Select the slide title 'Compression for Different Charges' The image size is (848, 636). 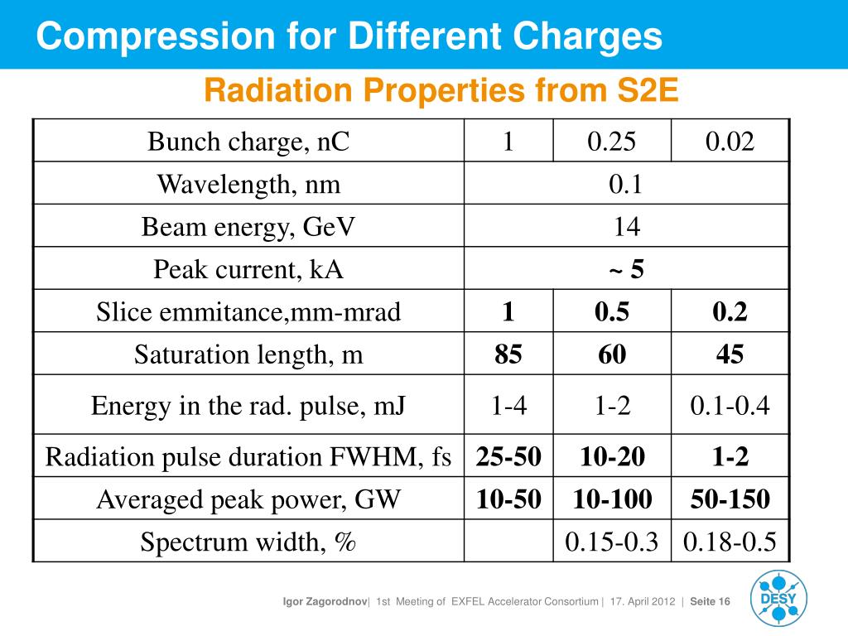pyautogui.click(x=349, y=36)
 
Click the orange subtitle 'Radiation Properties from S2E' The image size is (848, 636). pyautogui.click(x=441, y=90)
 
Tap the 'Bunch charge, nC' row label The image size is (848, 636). pyautogui.click(x=248, y=142)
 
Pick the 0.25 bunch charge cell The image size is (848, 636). pyautogui.click(x=612, y=142)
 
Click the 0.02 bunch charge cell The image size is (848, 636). pyautogui.click(x=730, y=142)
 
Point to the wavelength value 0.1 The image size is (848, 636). pyautogui.click(x=626, y=184)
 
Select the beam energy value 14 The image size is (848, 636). pyautogui.click(x=626, y=227)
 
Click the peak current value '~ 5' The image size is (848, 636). pyautogui.click(x=626, y=269)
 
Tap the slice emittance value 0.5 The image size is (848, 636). pyautogui.click(x=612, y=312)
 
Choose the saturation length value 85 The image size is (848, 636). pyautogui.click(x=508, y=355)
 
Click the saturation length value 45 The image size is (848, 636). pyautogui.click(x=730, y=355)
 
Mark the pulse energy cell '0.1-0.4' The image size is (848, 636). pyautogui.click(x=730, y=406)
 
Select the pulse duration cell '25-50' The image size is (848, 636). pyautogui.click(x=508, y=456)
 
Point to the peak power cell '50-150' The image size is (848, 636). pyautogui.click(x=730, y=499)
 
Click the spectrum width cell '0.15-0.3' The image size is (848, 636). pyautogui.click(x=612, y=542)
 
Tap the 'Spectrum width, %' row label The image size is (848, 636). pyautogui.click(x=248, y=542)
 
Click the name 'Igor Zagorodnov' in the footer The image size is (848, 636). pyautogui.click(x=326, y=601)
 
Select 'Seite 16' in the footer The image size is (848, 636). pyautogui.click(x=710, y=601)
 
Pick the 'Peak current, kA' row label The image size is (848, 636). pyautogui.click(x=248, y=269)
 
